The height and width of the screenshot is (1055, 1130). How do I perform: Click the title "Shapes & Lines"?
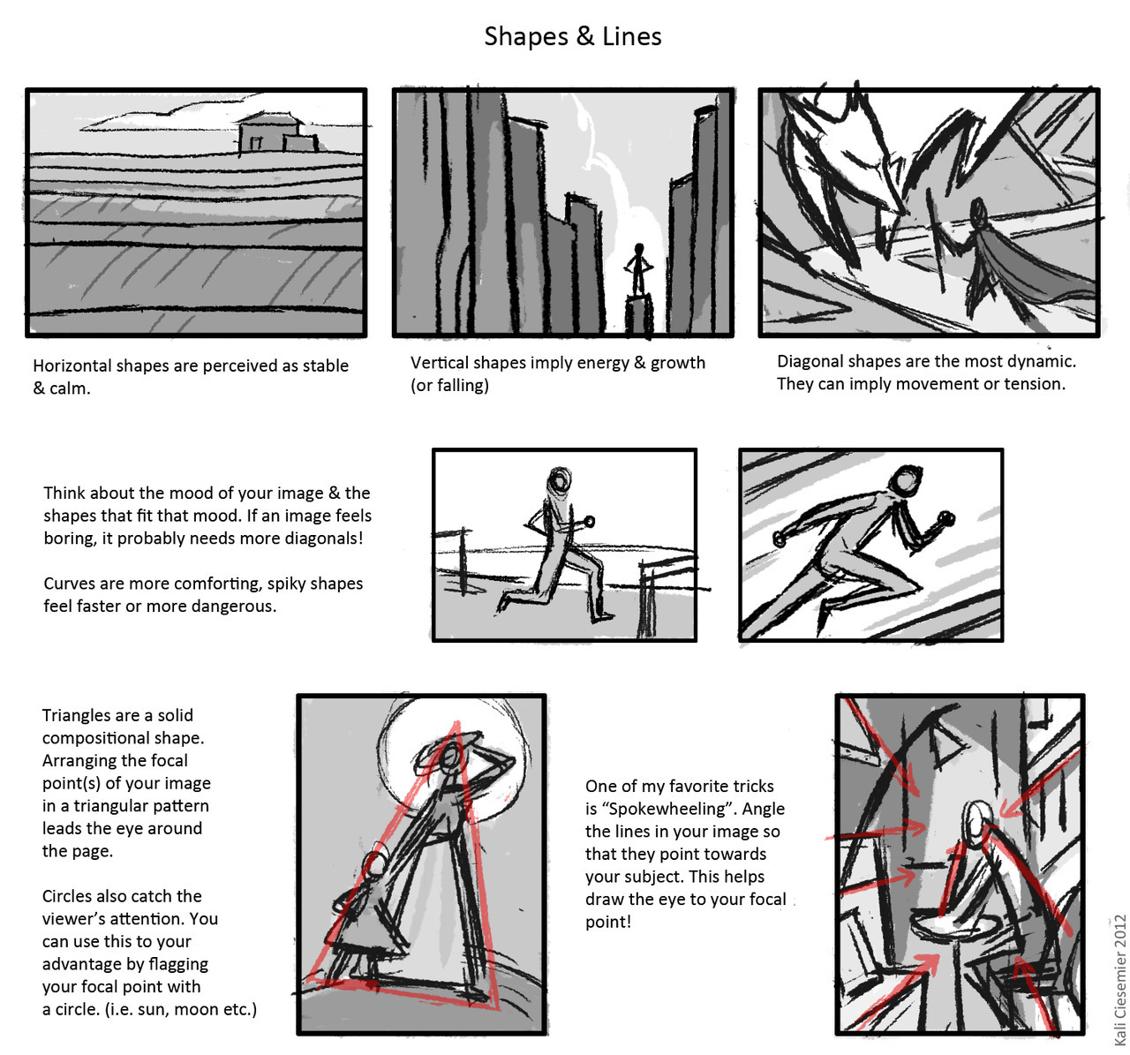point(572,36)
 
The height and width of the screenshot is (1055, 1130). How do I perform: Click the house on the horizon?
point(278,132)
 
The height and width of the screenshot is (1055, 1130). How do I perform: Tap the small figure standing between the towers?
point(638,270)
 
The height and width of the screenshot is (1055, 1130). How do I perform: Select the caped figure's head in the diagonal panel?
point(977,211)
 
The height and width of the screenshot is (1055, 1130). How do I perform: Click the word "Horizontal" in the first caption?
point(72,365)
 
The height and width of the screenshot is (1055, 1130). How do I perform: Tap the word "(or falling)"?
point(449,385)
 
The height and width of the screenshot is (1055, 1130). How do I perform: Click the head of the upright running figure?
point(560,480)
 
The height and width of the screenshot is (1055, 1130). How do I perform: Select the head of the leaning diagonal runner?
point(905,479)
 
